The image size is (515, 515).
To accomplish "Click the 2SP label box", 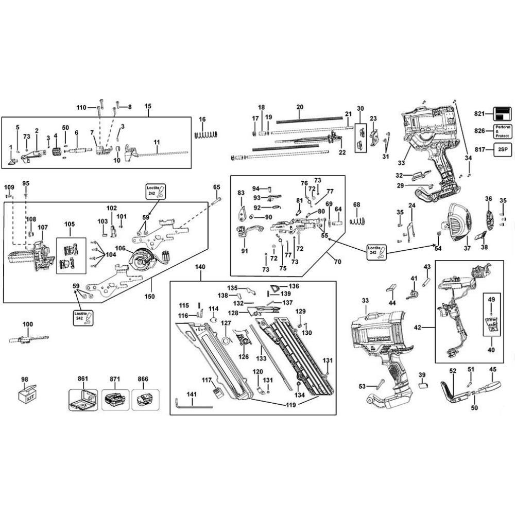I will point(502,150).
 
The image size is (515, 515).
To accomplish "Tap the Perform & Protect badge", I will point(502,131).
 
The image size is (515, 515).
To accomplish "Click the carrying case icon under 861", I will point(83,399).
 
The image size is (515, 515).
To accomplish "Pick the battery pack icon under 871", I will point(115,399).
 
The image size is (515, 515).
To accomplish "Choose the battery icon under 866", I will point(145,399).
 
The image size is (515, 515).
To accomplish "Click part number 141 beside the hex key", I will point(192,394).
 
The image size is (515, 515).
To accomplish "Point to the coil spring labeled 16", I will point(206,134).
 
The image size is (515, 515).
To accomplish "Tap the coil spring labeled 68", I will point(357,221).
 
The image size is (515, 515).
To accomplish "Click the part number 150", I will point(150,297).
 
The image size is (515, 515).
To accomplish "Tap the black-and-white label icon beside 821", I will point(502,113).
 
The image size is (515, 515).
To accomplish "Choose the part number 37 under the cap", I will point(467,248).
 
